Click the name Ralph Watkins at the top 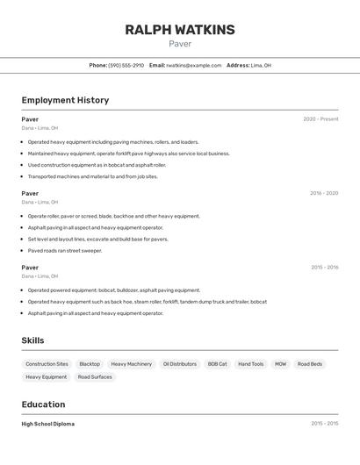(180, 30)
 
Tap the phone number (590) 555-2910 (126, 66)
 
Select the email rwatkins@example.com (193, 66)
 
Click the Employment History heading (65, 100)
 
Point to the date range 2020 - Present (320, 119)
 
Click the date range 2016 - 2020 (324, 193)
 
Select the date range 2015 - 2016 (324, 268)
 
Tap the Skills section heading (32, 340)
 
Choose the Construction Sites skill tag (47, 364)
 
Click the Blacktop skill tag (90, 364)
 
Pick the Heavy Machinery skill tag (131, 364)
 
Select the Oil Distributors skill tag (180, 364)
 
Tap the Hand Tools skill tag (251, 364)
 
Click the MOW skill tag (280, 364)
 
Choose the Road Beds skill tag (310, 364)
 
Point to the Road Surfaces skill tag (95, 377)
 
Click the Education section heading (43, 404)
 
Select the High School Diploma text (48, 424)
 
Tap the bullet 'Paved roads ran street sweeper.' (64, 251)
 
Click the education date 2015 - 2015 (324, 424)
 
